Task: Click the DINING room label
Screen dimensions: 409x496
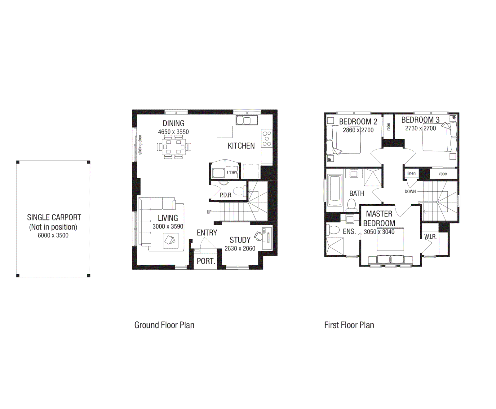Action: [x=173, y=124]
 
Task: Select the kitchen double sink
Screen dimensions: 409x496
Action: [x=247, y=120]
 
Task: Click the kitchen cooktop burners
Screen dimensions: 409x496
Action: [x=267, y=138]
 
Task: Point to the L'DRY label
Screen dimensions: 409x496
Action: [x=232, y=172]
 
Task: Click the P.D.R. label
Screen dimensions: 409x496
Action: [x=226, y=195]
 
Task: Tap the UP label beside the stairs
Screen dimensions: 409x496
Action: [x=209, y=212]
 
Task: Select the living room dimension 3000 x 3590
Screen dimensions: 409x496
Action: [x=168, y=227]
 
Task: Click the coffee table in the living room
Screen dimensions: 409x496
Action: [x=170, y=240]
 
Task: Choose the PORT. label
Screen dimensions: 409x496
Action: [x=206, y=261]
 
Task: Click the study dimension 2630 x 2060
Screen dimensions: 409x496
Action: [x=240, y=249]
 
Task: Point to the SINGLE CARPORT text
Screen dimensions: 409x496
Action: [x=54, y=217]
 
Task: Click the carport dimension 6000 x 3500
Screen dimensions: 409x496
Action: [x=53, y=235]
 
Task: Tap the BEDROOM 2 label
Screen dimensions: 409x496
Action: [x=358, y=122]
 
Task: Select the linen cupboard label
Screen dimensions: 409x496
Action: [x=411, y=173]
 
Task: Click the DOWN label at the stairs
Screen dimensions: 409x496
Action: [x=410, y=192]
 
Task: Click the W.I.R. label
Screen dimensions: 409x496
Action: [x=430, y=237]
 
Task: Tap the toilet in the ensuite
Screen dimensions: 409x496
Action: [x=333, y=230]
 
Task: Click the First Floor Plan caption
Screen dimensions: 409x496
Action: [x=349, y=325]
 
